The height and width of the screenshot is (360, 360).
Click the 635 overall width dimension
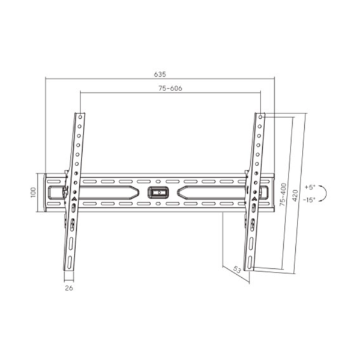pos(160,74)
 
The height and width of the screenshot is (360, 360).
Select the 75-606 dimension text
pos(170,88)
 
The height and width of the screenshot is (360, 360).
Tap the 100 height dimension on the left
pos(34,192)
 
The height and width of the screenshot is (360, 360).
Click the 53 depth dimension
pos(236,271)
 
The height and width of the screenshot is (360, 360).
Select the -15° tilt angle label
pos(310,199)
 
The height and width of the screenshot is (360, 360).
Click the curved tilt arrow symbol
pos(323,193)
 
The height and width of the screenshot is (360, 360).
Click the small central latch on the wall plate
pos(159,193)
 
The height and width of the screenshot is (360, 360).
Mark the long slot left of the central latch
pos(108,193)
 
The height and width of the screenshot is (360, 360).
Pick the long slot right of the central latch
pos(210,193)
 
